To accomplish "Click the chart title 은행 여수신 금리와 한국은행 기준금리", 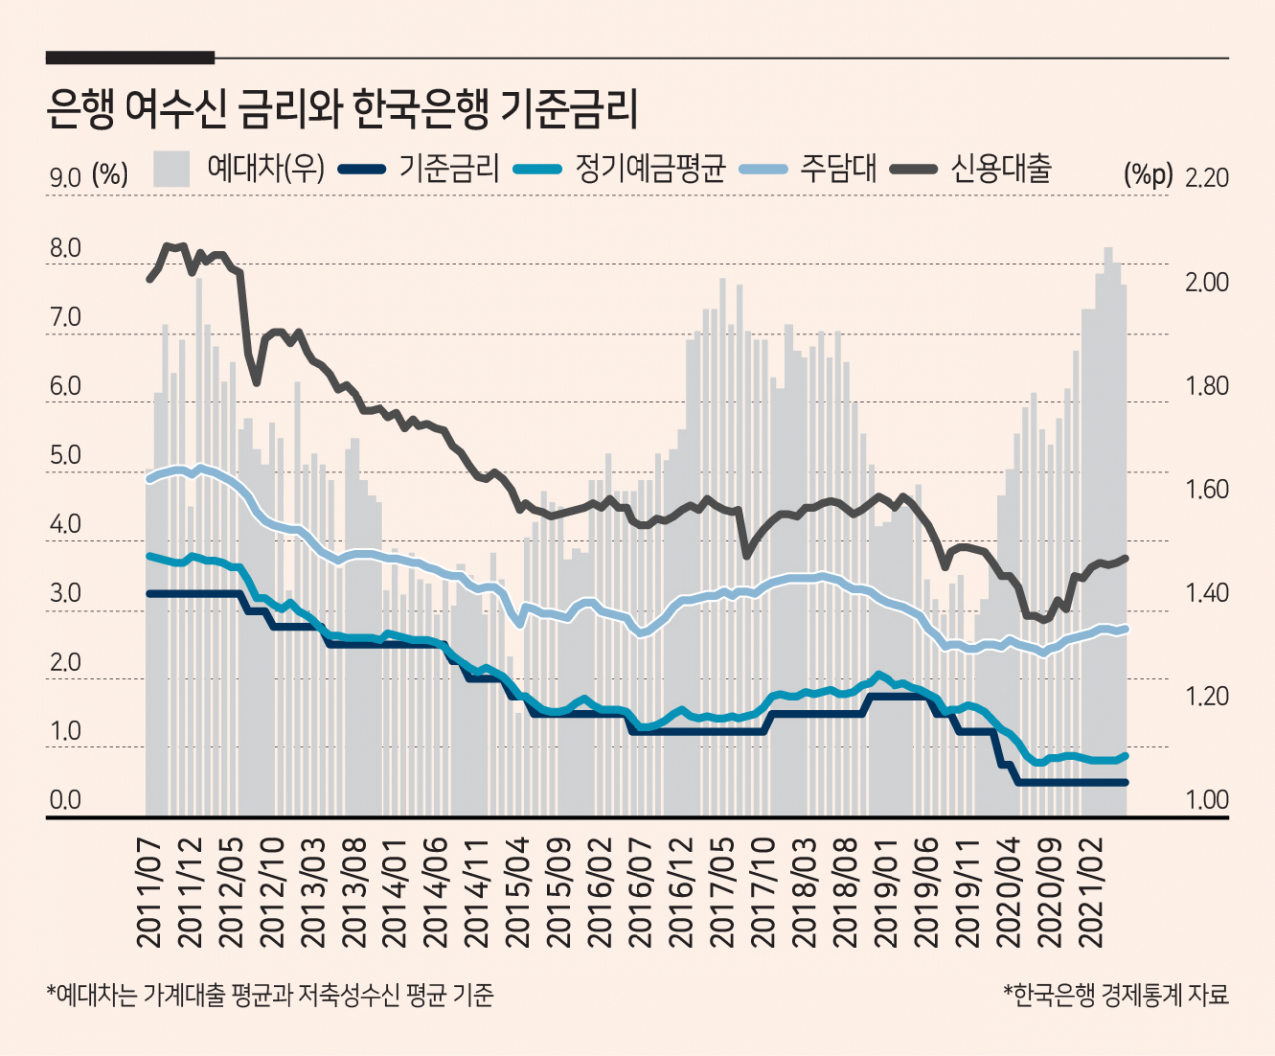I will pos(341,109).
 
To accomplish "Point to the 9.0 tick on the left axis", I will pos(65,178).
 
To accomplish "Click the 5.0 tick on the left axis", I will pos(65,456).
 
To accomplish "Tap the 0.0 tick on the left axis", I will pos(65,800).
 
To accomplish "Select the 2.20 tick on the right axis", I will pos(1206,178).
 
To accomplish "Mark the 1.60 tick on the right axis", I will pos(1206,489).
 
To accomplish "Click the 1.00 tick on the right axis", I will pos(1206,800).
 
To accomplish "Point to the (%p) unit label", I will pos(1147,175).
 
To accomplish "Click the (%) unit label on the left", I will pos(110,175).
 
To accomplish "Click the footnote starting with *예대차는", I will pos(270,994).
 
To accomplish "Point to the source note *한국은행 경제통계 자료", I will pos(1116,994).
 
